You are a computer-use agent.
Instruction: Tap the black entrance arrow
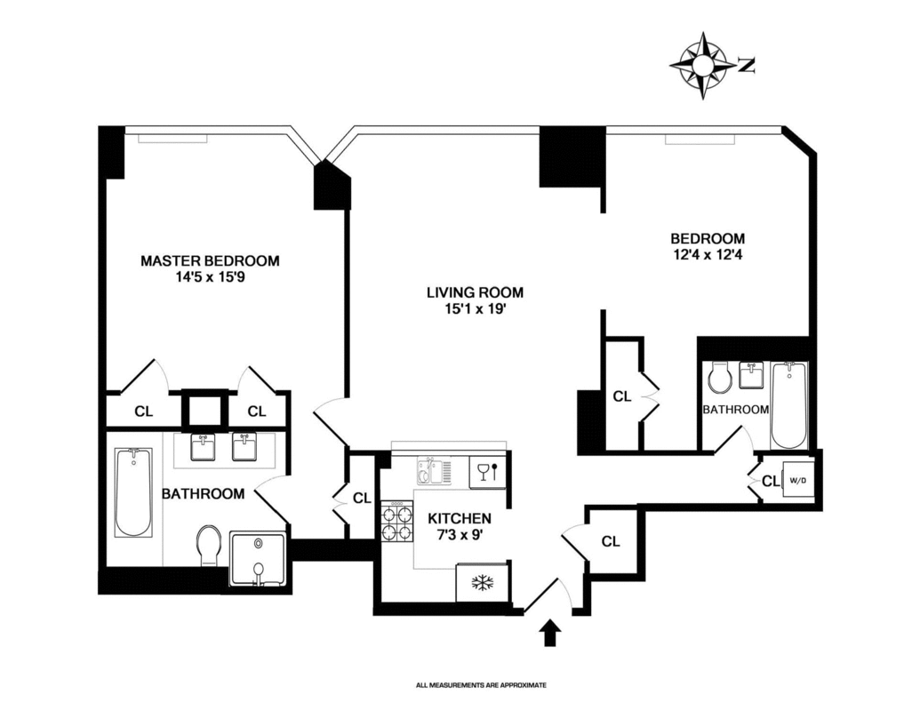(x=551, y=634)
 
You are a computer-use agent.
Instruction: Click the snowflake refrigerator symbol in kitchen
(x=483, y=582)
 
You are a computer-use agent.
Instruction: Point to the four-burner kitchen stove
(x=398, y=521)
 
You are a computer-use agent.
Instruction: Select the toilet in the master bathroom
(x=211, y=544)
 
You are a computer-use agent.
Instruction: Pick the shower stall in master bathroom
(x=258, y=559)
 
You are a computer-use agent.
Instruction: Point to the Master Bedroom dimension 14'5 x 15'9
(x=210, y=277)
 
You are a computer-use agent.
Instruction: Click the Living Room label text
(x=475, y=292)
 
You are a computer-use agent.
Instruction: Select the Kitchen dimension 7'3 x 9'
(x=460, y=535)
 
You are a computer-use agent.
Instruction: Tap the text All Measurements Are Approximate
(x=480, y=685)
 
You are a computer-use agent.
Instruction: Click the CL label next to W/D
(x=770, y=481)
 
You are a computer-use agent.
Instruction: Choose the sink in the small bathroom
(x=754, y=377)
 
